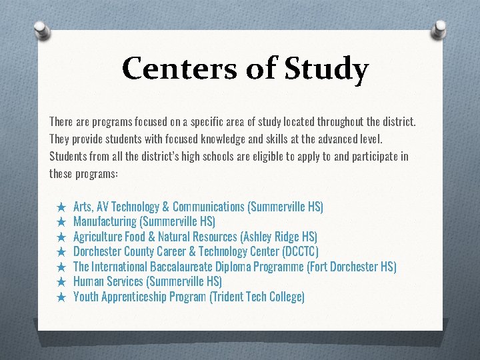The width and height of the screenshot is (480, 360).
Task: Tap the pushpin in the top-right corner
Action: pos(441,27)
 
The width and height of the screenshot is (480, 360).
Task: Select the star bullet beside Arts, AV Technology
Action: pos(61,207)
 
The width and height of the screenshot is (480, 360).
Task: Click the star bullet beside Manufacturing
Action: pos(61,222)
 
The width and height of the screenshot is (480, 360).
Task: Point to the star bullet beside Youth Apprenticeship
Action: pos(61,297)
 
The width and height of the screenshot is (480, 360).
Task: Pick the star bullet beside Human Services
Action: pos(61,282)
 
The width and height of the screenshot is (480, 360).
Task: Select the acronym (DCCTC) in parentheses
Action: pos(301,252)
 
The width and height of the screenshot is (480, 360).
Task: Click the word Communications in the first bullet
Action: pos(208,207)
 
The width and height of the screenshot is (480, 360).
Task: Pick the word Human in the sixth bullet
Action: pos(88,282)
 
